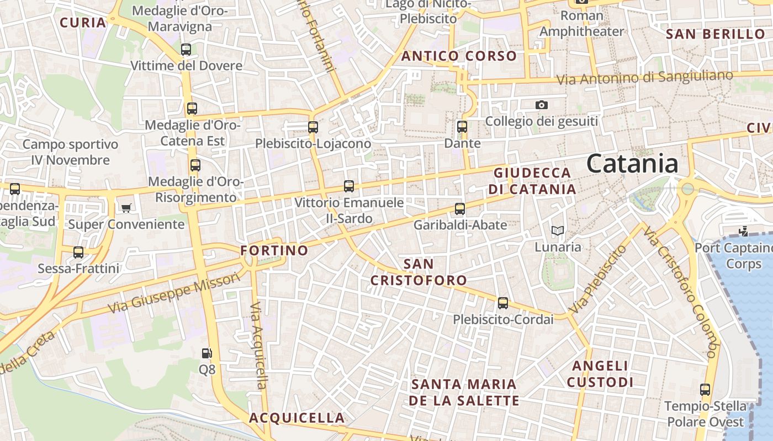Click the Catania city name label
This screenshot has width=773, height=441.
632,164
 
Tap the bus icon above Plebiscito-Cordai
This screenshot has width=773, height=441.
502,303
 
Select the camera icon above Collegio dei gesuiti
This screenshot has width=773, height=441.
542,105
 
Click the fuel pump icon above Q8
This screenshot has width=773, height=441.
207,353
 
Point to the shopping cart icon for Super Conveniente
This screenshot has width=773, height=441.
126,208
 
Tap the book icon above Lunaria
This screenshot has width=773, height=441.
558,230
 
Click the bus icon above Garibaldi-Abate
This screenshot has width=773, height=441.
460,209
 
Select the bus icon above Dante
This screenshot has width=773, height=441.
462,127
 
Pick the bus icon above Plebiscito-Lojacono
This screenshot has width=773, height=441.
313,127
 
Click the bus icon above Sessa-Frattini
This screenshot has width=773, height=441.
78,252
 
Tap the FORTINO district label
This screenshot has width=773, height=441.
274,250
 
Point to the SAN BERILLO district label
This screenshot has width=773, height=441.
716,34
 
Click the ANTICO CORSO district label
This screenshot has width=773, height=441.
459,56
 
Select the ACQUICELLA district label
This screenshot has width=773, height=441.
297,418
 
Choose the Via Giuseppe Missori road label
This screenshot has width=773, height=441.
174,292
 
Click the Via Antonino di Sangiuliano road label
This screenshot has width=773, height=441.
644,78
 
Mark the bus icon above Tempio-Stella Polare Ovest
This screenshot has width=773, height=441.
705,390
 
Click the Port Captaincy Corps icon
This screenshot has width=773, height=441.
743,232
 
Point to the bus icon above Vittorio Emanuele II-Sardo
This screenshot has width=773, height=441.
349,186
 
